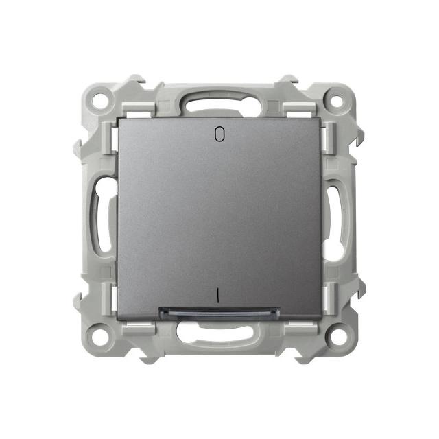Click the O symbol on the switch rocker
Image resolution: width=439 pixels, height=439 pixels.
[219, 134]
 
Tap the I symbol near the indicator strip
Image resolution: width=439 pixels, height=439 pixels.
[217, 296]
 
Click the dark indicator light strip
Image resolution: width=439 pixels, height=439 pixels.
[219, 313]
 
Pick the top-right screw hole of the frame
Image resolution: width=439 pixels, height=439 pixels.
[337, 100]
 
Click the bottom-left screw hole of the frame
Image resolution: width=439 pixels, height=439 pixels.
[101, 335]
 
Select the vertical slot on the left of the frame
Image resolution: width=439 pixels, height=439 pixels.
[102, 215]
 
